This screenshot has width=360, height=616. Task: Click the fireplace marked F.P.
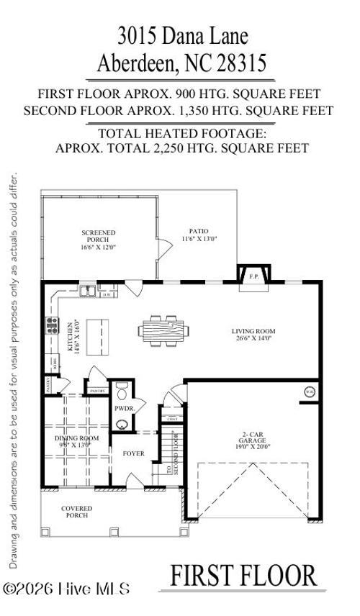(x=253, y=276)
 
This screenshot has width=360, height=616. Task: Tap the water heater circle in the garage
(x=310, y=392)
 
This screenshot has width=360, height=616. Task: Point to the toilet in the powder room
(x=121, y=394)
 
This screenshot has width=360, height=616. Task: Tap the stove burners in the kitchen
(x=52, y=326)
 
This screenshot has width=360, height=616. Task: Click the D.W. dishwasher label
(x=107, y=294)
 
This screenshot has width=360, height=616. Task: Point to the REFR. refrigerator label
(x=52, y=362)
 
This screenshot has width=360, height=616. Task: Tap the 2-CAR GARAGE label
(x=253, y=440)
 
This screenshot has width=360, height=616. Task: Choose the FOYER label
(x=133, y=454)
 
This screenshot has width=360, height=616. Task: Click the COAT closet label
(x=173, y=419)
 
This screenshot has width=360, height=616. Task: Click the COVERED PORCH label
(x=76, y=512)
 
